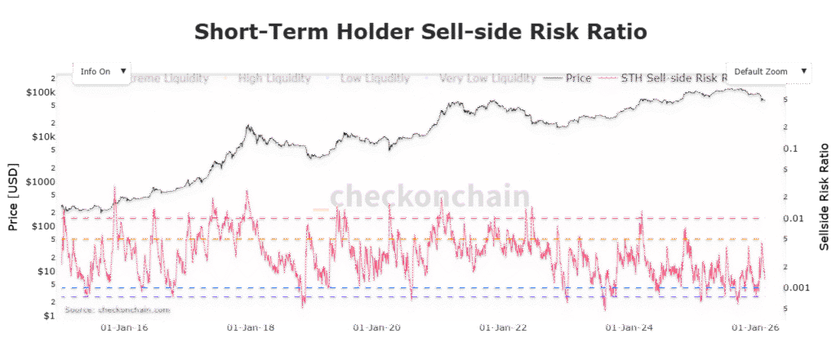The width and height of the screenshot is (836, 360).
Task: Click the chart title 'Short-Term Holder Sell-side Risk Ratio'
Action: tap(420, 32)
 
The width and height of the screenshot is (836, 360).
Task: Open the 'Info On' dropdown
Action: tap(102, 71)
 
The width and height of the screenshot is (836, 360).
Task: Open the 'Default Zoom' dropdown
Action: tap(767, 71)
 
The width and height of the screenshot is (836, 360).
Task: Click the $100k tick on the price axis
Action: tap(40, 92)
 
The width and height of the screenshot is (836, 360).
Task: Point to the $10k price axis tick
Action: tap(42, 136)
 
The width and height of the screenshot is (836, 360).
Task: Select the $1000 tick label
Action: tap(40, 181)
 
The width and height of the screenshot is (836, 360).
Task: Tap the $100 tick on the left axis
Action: tap(42, 225)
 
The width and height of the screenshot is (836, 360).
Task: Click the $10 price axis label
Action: tap(45, 270)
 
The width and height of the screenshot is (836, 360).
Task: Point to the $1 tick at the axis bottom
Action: tap(48, 314)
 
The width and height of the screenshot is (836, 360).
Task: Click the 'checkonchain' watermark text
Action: tap(429, 196)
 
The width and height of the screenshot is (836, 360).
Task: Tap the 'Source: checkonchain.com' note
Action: tap(117, 310)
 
